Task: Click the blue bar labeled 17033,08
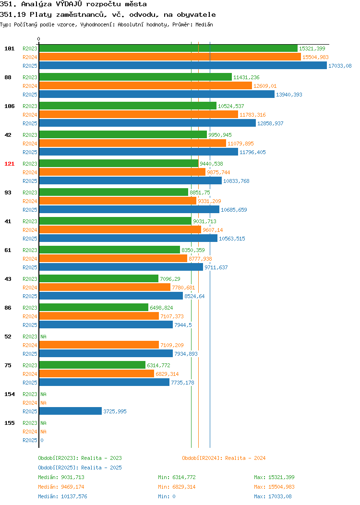pos(183,65)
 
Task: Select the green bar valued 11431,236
pos(135,77)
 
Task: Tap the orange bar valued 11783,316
pos(138,114)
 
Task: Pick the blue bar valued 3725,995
pos(71,411)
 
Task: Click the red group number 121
pos(9,164)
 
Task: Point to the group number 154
pos(9,394)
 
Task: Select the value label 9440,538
pos(211,164)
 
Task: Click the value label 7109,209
pos(172,345)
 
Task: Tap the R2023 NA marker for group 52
pos(44,337)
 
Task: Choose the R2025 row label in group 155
pos(30,440)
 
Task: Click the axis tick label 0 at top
pos(39,39)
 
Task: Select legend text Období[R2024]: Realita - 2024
pos(224,458)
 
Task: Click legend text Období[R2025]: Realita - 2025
pos(80,468)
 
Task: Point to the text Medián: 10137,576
pos(62,496)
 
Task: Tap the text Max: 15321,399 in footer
pos(274,477)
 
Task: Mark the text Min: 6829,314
pos(177,487)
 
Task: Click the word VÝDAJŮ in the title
pos(69,4)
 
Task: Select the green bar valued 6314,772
pos(93,365)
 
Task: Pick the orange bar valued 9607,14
pos(120,229)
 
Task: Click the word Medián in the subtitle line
pos(204,24)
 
